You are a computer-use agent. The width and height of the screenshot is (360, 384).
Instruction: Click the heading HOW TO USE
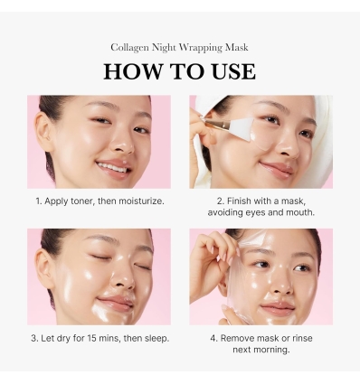[x=179, y=71]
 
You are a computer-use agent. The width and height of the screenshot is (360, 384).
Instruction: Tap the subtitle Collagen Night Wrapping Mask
[x=179, y=47]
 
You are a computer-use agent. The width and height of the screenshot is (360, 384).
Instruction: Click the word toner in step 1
[x=81, y=201]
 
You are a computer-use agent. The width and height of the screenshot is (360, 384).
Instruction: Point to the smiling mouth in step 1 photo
[x=113, y=167]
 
